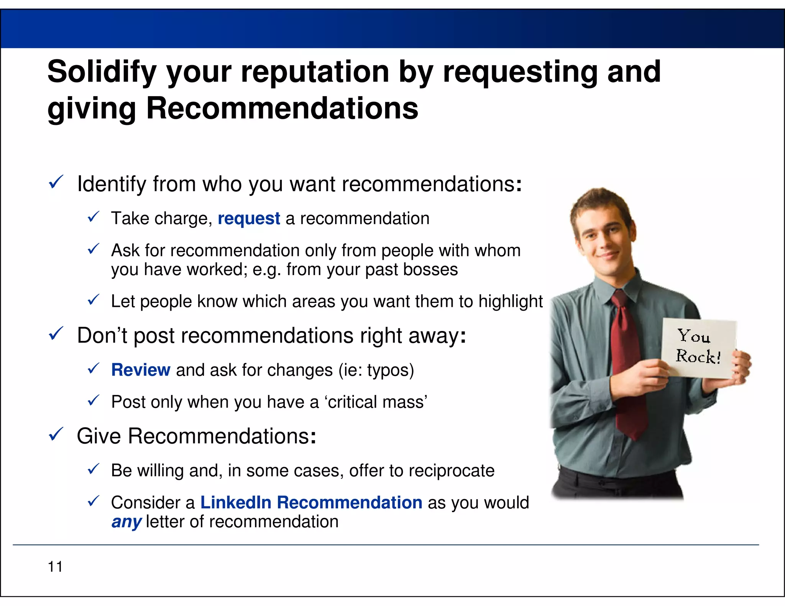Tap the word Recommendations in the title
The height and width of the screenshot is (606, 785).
pyautogui.click(x=282, y=108)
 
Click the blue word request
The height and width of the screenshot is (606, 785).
pyautogui.click(x=249, y=218)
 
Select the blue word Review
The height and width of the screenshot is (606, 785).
pyautogui.click(x=141, y=370)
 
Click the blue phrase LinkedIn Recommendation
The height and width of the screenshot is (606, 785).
pyautogui.click(x=311, y=503)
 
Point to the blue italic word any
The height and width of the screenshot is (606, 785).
pyautogui.click(x=126, y=522)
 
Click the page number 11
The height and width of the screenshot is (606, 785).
pyautogui.click(x=55, y=567)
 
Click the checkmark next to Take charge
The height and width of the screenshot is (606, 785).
pyautogui.click(x=94, y=217)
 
